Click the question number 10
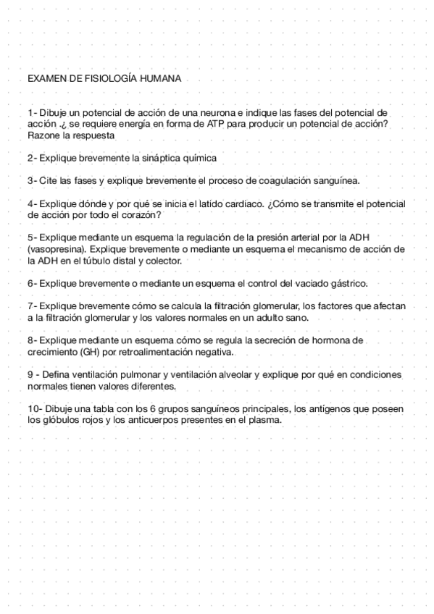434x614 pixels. [x=33, y=408]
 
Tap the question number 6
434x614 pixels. [x=30, y=282]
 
